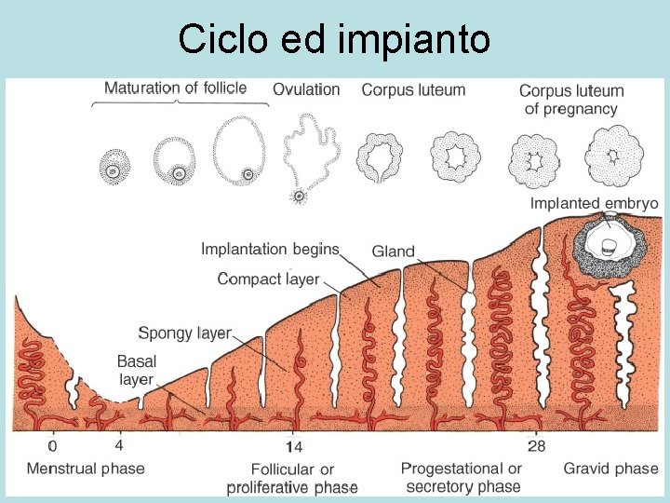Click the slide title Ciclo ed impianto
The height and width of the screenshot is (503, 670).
[334, 39]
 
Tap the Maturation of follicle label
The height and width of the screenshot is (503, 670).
[175, 88]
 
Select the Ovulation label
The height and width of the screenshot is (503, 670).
[306, 89]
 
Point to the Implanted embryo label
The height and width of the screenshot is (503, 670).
[594, 203]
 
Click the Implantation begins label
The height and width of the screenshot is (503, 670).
[270, 249]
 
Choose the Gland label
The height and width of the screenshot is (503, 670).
[393, 251]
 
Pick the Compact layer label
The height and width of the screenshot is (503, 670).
[268, 279]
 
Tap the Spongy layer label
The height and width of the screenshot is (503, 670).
[184, 333]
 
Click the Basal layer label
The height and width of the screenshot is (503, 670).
[136, 370]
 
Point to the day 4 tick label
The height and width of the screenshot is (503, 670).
[119, 445]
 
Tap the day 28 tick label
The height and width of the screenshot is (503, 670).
[536, 445]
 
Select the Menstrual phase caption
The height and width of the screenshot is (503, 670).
[86, 468]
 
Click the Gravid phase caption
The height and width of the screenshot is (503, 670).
[610, 468]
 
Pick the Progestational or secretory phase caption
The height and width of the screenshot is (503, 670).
[462, 477]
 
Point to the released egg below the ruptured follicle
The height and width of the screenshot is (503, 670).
[299, 197]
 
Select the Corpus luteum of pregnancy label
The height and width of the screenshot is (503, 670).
[571, 100]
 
